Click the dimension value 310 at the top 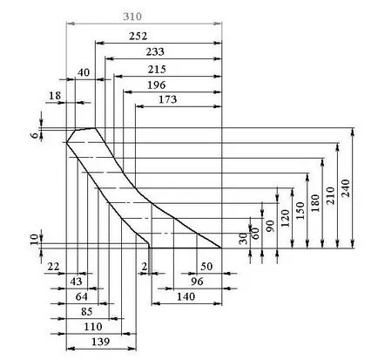132,17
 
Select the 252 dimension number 138,36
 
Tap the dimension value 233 155,51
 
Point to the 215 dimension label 157,70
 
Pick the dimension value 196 157,85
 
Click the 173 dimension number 167,99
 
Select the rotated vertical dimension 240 346,188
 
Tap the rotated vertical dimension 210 331,195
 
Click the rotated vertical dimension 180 315,203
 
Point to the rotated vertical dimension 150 300,210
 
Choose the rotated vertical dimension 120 285,218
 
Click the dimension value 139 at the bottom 100,342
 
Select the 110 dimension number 93,327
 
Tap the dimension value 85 86,312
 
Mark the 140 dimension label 186,296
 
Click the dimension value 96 197,282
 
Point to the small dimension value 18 55,95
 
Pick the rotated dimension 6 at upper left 35,135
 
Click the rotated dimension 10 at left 35,240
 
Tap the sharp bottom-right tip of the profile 221,248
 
